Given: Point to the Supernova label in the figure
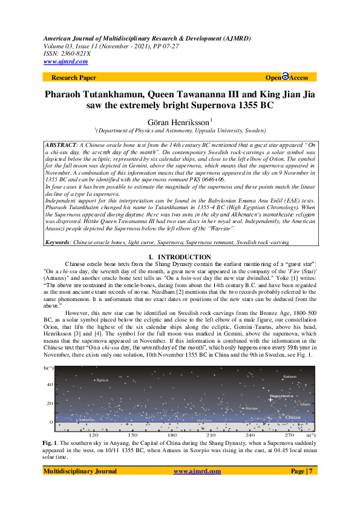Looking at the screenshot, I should coord(281,396).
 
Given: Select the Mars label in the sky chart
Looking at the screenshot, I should coord(305,403).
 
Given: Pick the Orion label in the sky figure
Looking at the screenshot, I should coord(293,417).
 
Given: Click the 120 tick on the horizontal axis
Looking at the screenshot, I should coord(94,435).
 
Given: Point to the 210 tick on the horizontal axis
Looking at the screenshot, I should coord(211,435).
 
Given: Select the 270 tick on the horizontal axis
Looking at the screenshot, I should coord(289,435).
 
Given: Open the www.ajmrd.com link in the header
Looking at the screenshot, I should coord(65,62).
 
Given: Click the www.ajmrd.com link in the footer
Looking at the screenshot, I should coord(197,488).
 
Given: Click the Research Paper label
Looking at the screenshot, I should coord(74,78).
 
